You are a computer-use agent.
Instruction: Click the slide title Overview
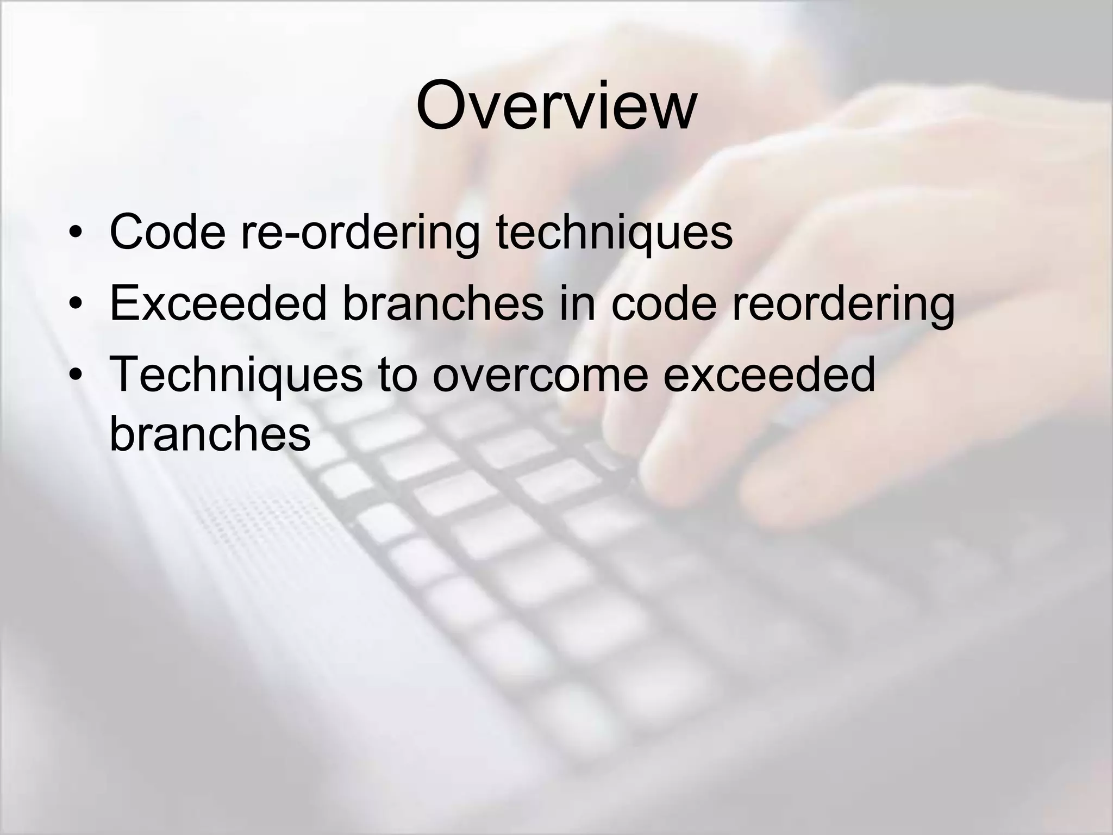555,106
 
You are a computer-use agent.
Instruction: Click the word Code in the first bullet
167,232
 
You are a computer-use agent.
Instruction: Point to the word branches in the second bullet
443,303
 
